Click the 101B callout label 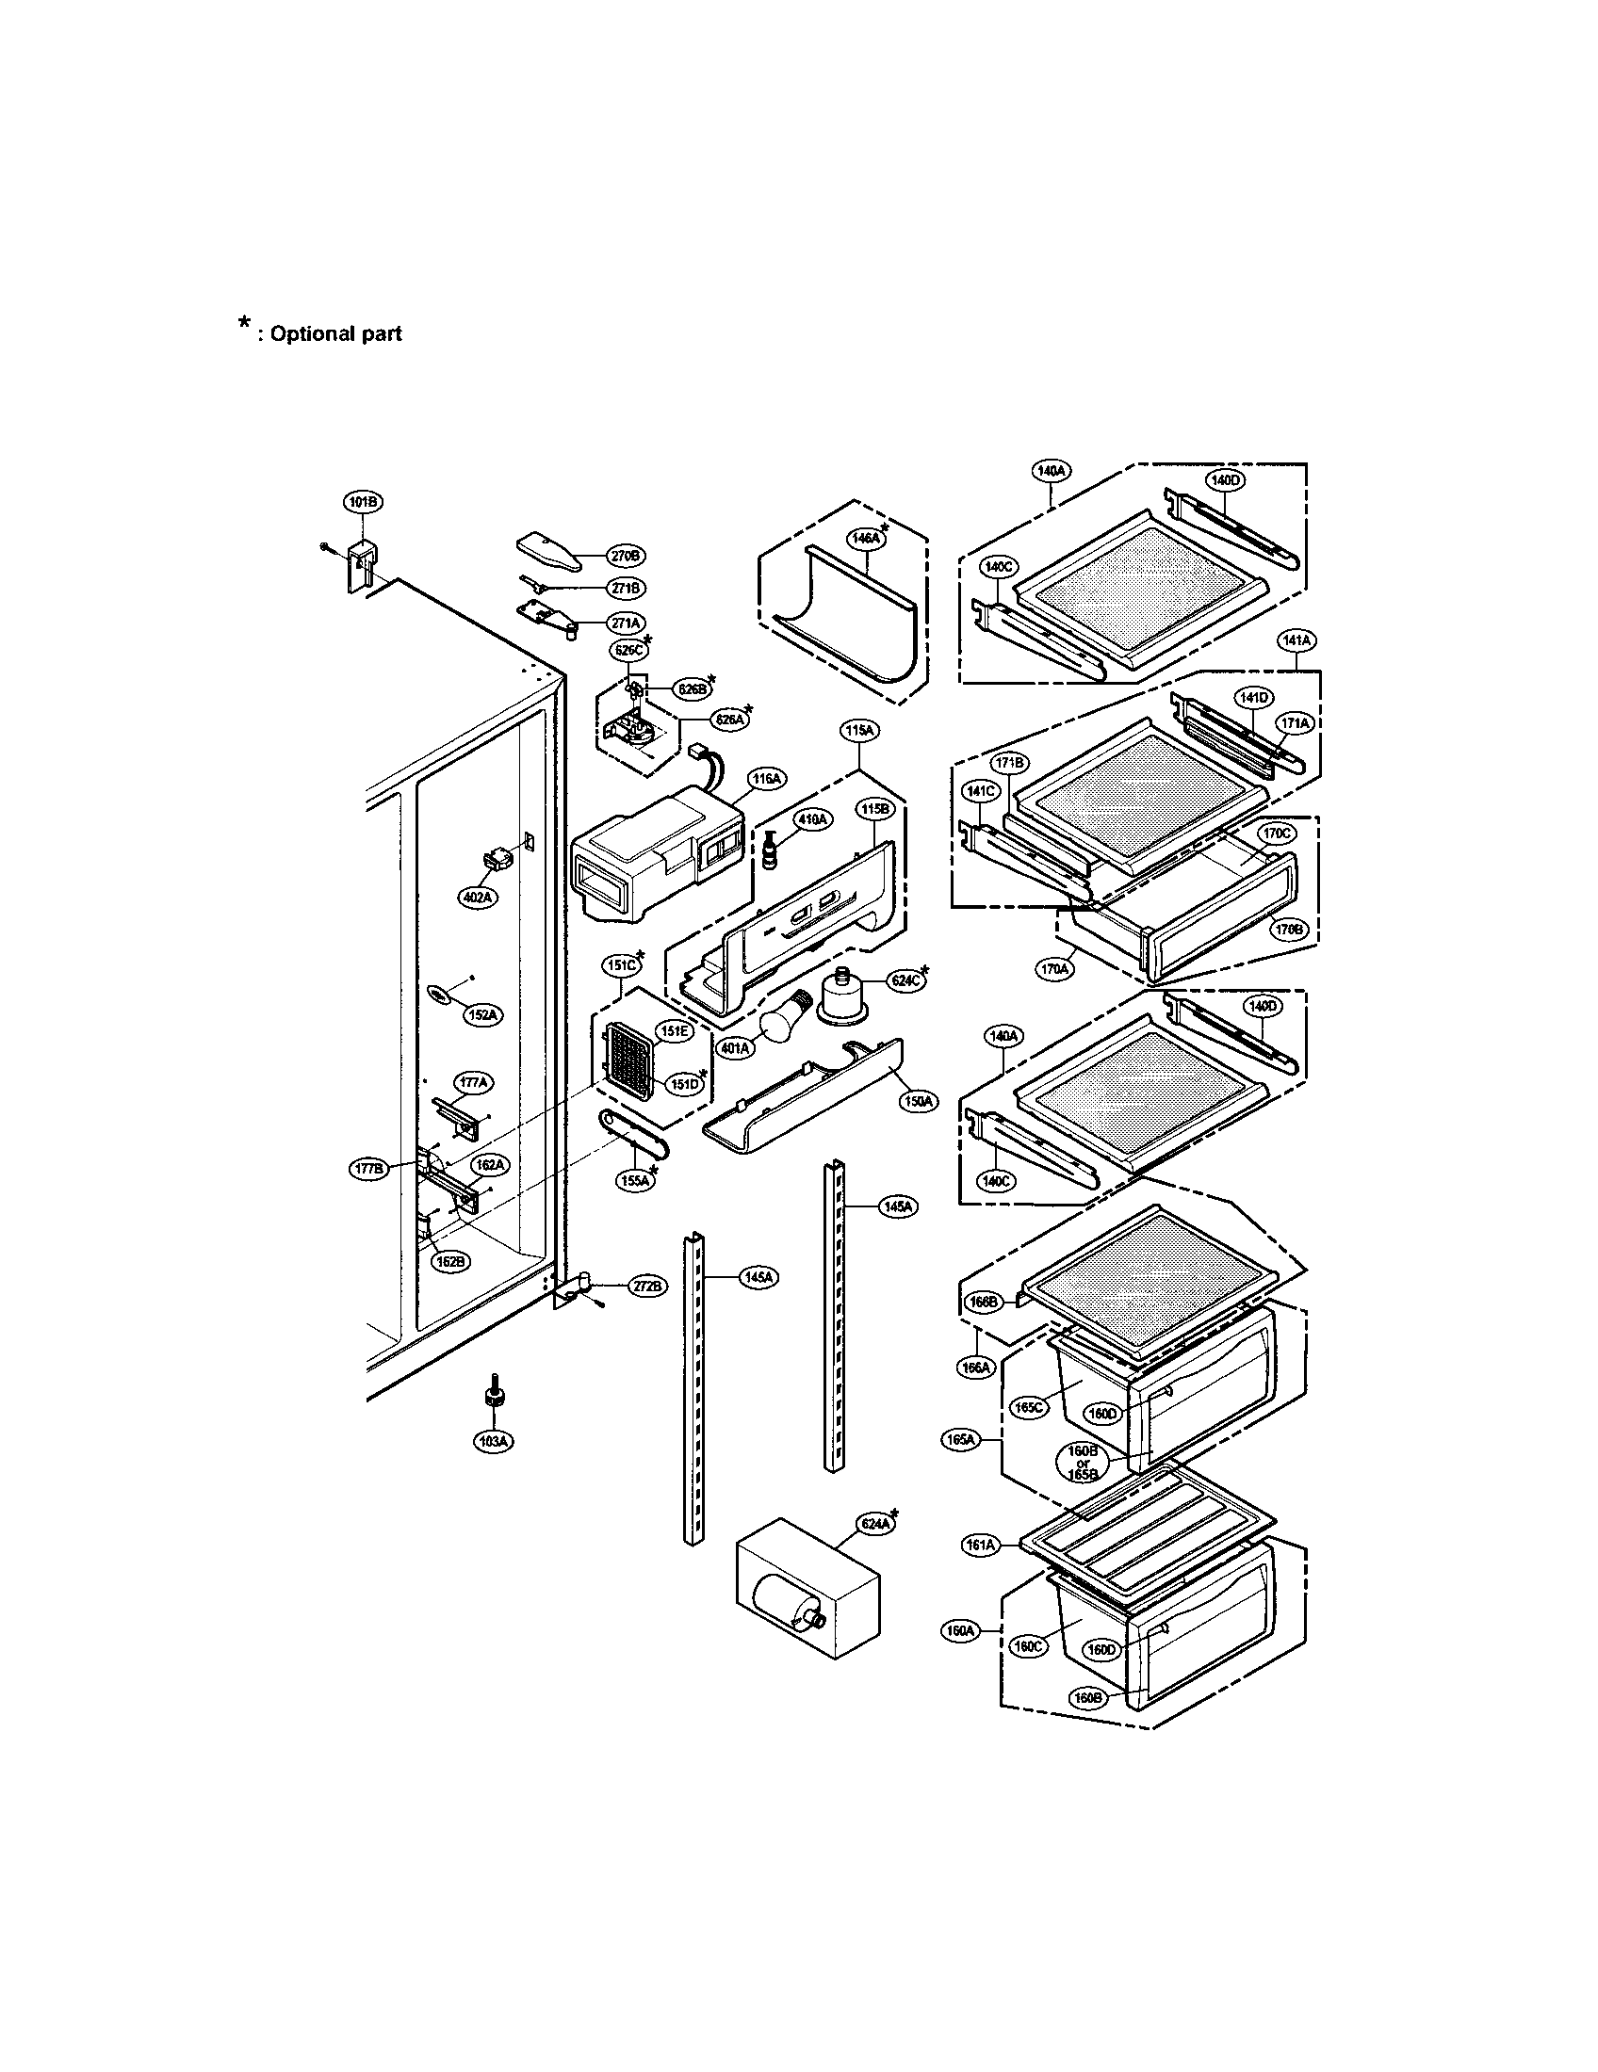(362, 503)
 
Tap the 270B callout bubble (627, 555)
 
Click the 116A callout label (767, 779)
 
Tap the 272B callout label (647, 1287)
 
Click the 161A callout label (980, 1546)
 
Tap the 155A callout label (635, 1181)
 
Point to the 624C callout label (905, 981)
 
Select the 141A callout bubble (1296, 640)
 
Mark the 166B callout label (982, 1303)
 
